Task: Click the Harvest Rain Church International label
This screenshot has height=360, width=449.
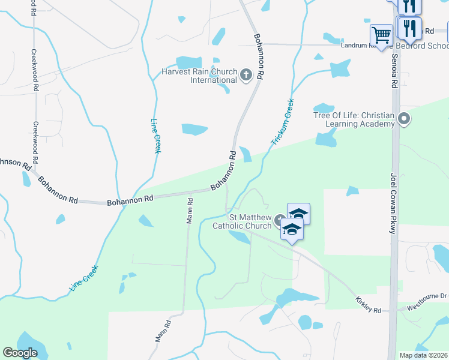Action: (x=199, y=76)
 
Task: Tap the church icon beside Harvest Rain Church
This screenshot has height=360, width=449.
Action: (x=246, y=75)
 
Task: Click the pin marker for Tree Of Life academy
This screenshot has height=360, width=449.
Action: (x=404, y=119)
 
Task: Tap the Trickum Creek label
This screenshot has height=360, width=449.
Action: (x=282, y=122)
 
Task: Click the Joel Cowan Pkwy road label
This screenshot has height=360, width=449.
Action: (x=394, y=199)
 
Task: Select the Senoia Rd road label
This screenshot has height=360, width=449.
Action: (x=394, y=71)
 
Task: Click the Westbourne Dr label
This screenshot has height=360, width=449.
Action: (x=428, y=296)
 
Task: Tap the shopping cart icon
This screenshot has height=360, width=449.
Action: (x=381, y=35)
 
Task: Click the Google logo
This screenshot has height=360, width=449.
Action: (x=20, y=353)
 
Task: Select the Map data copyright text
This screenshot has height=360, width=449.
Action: (x=424, y=355)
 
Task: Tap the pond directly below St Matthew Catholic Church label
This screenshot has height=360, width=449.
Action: (x=241, y=238)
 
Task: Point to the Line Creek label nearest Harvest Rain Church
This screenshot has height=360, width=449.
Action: (x=157, y=135)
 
